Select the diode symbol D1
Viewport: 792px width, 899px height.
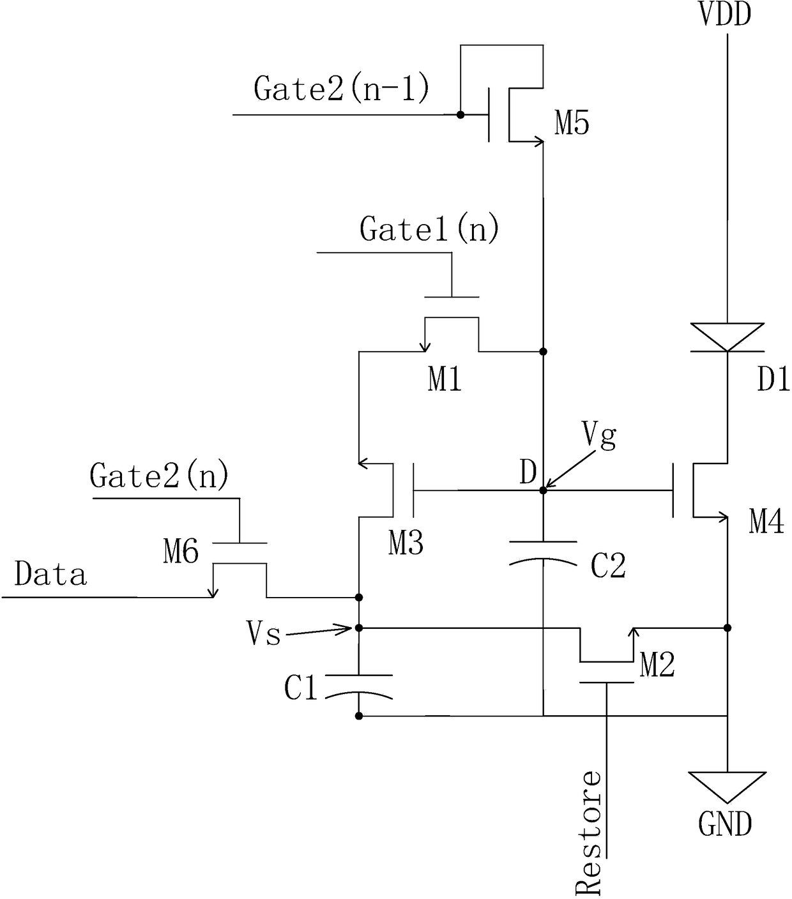pos(727,338)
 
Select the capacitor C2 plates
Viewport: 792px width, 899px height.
pos(543,554)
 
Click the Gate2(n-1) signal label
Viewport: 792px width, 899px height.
pos(342,88)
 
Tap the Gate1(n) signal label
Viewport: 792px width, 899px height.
pos(429,229)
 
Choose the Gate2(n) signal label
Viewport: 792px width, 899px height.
pos(159,475)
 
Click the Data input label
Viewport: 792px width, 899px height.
pos(50,573)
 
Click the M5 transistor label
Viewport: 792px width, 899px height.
pos(572,123)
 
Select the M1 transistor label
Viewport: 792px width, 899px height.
pos(445,379)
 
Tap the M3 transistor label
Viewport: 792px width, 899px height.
pos(406,543)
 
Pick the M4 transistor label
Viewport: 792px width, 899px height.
pos(766,522)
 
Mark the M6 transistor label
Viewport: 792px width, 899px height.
pos(181,552)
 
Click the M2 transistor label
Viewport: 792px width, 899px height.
pos(657,664)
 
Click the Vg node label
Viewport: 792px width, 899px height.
pos(599,436)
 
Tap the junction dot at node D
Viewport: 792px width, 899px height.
pos(543,490)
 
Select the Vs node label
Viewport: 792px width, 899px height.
pos(264,633)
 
